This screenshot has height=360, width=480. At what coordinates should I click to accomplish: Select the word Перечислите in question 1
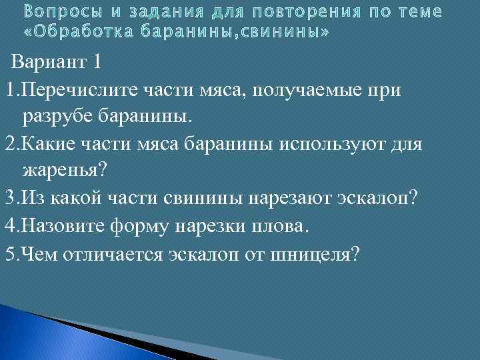pyautogui.click(x=75, y=89)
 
